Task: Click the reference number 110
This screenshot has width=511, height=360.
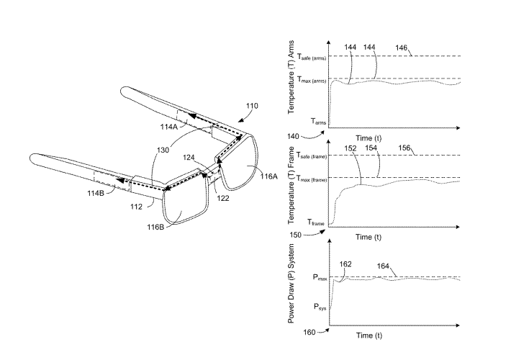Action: click(x=252, y=105)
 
